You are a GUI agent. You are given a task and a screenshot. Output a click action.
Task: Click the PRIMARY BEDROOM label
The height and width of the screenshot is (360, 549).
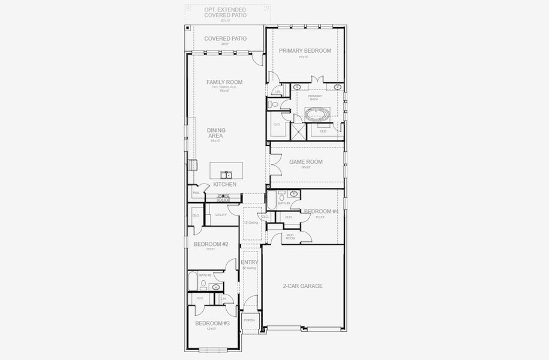(305, 51)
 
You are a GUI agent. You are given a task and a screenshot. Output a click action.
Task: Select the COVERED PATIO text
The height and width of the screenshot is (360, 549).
(225, 39)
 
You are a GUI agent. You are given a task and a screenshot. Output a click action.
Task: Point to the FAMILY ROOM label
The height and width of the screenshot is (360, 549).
(224, 82)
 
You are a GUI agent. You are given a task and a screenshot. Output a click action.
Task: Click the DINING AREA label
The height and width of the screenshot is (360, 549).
(215, 133)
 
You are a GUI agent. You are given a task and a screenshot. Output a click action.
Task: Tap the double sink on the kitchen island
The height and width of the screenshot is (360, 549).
(226, 175)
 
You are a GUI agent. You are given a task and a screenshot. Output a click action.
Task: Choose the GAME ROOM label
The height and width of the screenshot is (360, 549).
(306, 162)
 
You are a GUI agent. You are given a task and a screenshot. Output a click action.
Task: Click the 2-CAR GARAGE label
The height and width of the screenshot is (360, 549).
(302, 286)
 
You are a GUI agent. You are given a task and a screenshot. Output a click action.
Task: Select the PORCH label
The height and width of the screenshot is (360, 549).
(249, 320)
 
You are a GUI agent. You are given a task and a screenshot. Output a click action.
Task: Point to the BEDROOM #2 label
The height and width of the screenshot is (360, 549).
(211, 244)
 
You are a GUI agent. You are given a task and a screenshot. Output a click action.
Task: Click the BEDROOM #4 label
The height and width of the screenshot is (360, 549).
(321, 211)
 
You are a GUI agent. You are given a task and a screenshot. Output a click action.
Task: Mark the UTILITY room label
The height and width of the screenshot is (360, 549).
(221, 215)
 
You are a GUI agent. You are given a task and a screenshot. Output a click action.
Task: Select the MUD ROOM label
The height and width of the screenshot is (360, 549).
(290, 236)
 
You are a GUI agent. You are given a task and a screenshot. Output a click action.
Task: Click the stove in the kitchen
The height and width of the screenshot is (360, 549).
(223, 197)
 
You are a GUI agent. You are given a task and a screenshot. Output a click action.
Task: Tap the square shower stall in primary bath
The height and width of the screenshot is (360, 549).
(298, 130)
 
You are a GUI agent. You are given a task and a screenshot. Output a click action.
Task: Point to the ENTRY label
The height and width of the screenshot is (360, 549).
(250, 262)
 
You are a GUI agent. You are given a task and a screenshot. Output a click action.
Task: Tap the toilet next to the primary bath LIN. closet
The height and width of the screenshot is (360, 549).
(274, 104)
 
